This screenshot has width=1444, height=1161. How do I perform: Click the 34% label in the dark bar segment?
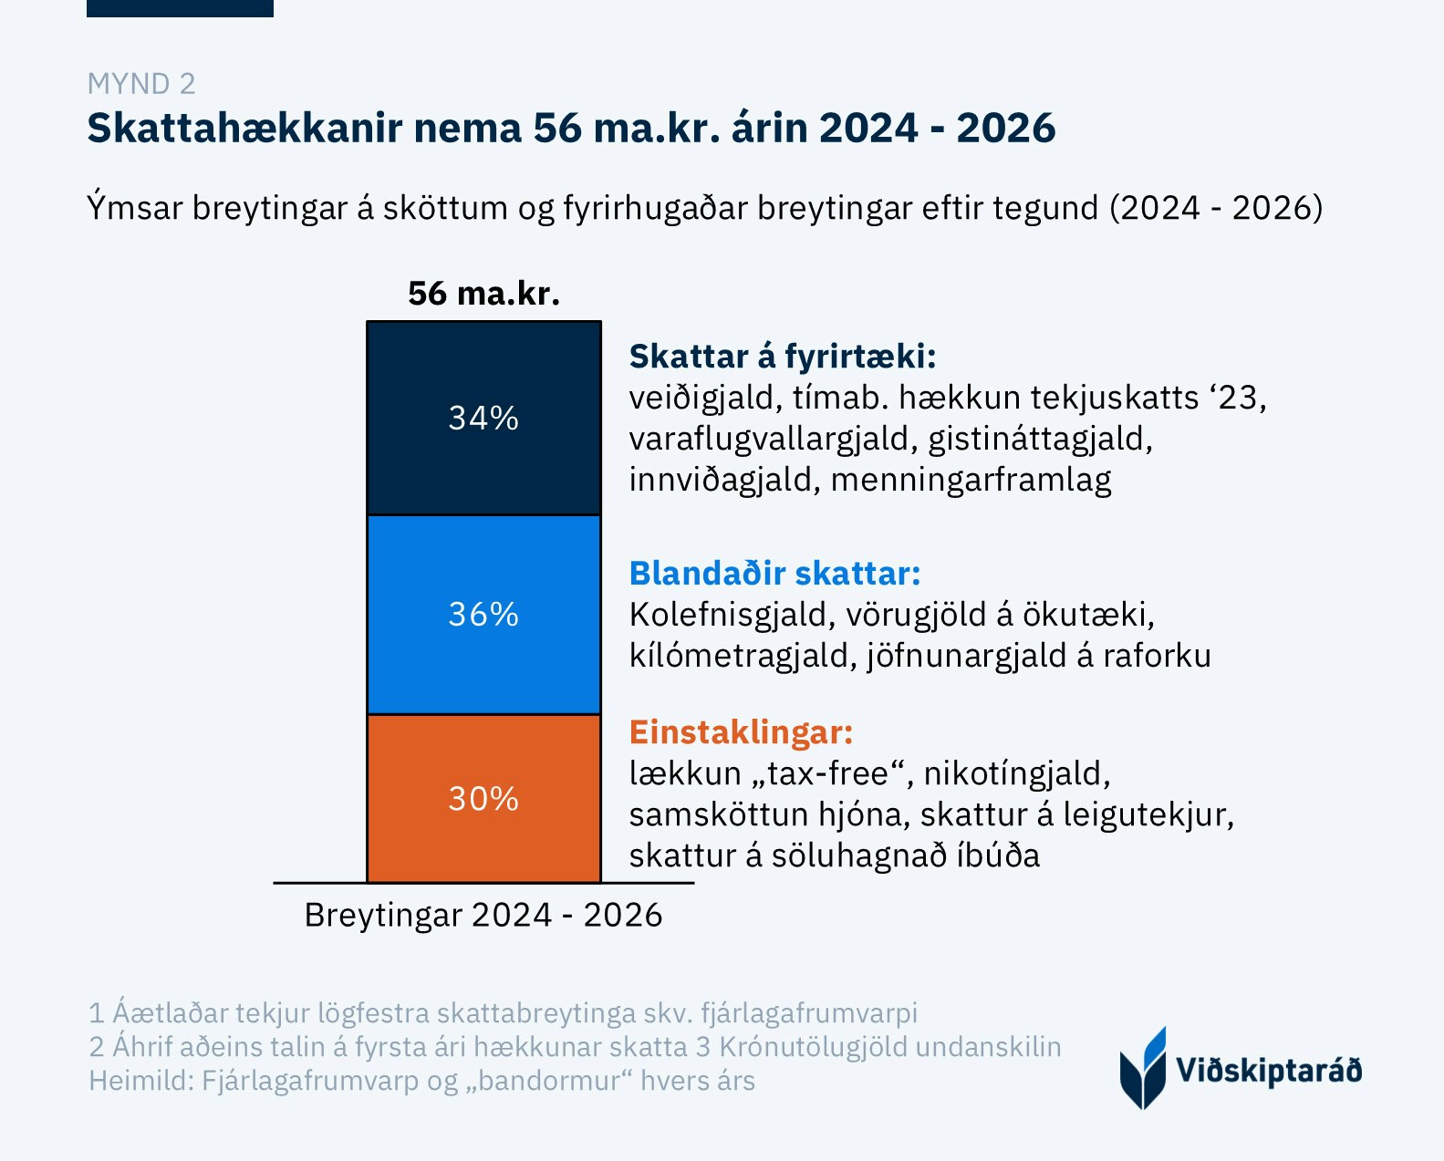click(483, 418)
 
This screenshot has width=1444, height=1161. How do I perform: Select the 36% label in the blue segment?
click(483, 615)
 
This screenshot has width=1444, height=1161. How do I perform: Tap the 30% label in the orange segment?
click(483, 799)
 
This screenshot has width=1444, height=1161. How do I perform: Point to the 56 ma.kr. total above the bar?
click(483, 294)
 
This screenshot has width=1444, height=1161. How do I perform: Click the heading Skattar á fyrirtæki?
click(783, 357)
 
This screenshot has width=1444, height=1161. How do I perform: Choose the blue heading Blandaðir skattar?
click(774, 574)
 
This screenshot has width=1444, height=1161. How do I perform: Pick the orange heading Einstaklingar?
click(741, 732)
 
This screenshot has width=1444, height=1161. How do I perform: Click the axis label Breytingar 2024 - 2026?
click(483, 915)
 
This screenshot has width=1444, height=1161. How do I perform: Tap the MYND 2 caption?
click(141, 84)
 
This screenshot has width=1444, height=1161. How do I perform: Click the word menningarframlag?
click(971, 480)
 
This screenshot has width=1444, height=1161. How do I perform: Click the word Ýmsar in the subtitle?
click(135, 208)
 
